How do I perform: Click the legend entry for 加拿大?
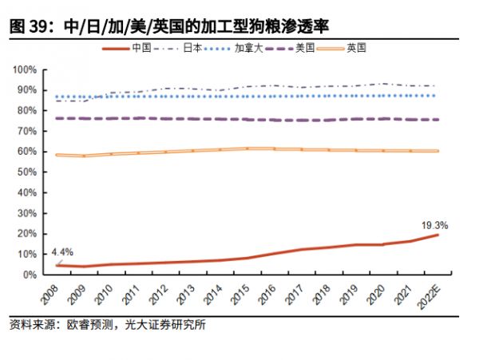pyautogui.click(x=244, y=48)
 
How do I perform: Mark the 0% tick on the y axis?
pyautogui.click(x=30, y=274)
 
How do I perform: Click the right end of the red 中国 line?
pyautogui.click(x=437, y=235)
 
